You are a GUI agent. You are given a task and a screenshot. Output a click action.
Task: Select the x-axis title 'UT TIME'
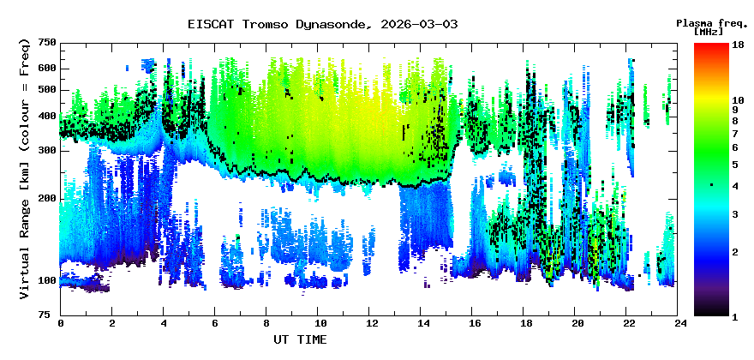[300, 339]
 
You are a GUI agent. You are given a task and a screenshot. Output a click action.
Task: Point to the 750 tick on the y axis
[47, 42]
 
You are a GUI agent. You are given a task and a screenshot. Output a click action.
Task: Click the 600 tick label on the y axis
[47, 68]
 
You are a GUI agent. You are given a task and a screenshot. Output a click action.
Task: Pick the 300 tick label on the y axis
[47, 150]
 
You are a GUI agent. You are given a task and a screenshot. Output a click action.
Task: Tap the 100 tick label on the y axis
[47, 280]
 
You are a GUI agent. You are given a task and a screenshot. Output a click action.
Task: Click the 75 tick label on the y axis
[50, 315]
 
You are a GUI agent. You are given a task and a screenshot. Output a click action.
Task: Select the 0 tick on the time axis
[60, 323]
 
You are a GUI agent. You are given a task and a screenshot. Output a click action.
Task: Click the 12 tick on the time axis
[370, 323]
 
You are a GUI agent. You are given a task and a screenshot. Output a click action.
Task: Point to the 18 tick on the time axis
[525, 323]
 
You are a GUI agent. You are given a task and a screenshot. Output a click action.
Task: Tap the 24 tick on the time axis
[680, 323]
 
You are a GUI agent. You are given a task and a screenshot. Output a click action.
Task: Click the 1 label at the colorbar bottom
[734, 316]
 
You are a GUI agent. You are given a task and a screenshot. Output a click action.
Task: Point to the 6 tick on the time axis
[215, 323]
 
